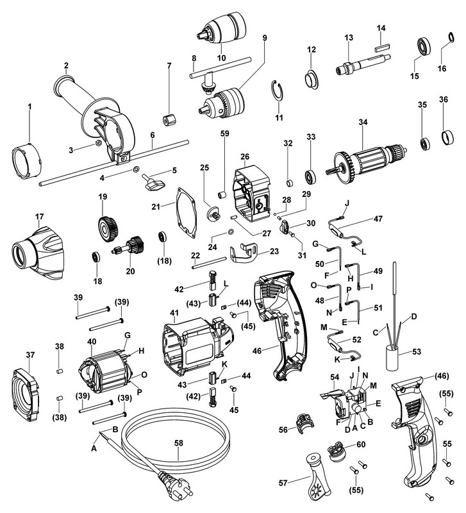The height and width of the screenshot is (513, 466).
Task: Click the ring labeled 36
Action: [443, 137]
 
